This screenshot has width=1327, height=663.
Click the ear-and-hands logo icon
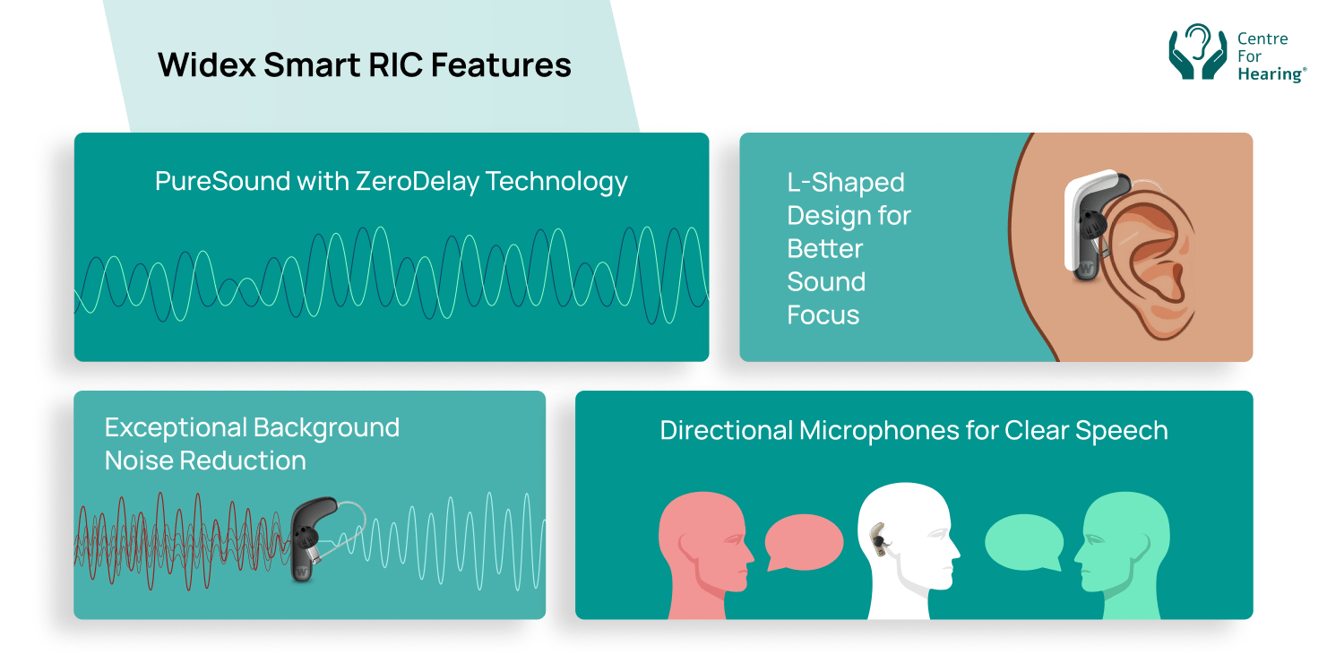1198,52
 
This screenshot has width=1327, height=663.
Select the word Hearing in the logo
1271,74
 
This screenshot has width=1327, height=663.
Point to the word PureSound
223,181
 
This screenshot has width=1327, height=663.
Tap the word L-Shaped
846,183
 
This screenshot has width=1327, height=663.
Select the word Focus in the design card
823,315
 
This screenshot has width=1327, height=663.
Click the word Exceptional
176,427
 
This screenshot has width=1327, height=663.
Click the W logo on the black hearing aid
302,573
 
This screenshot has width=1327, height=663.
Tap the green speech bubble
1023,543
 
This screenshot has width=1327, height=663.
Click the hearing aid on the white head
879,540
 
